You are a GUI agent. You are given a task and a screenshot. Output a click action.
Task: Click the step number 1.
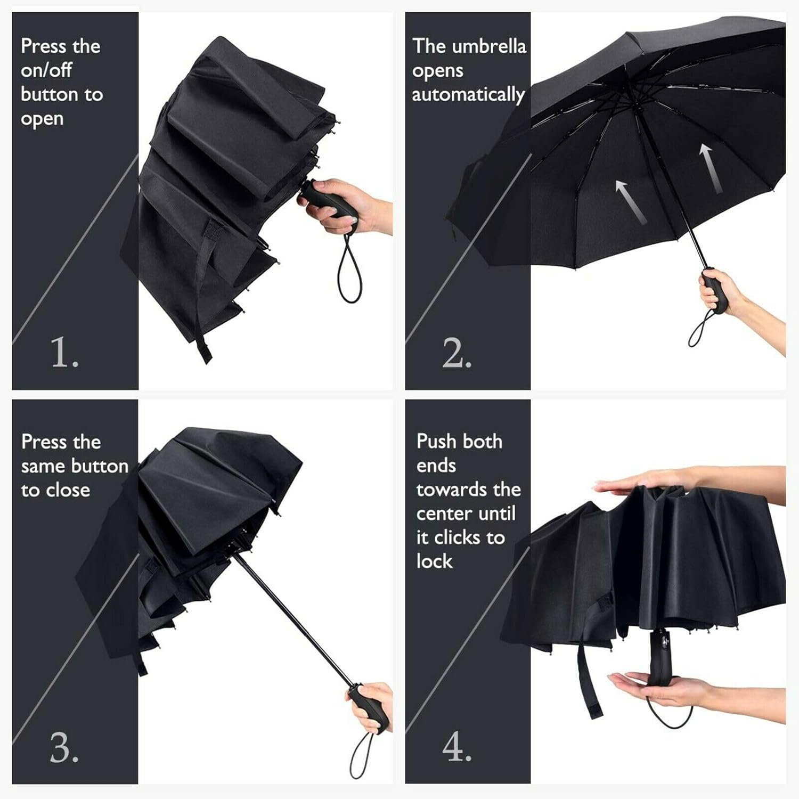64,353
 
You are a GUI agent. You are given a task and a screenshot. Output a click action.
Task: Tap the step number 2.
457,353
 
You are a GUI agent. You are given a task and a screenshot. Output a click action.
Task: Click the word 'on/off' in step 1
46,70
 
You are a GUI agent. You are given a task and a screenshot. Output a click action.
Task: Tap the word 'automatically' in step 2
468,95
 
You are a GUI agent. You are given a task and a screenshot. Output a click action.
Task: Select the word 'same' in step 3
43,467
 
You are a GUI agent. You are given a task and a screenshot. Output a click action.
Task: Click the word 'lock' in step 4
434,561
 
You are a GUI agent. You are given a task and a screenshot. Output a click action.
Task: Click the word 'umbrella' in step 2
488,46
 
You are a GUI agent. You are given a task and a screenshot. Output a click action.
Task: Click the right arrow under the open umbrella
711,168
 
